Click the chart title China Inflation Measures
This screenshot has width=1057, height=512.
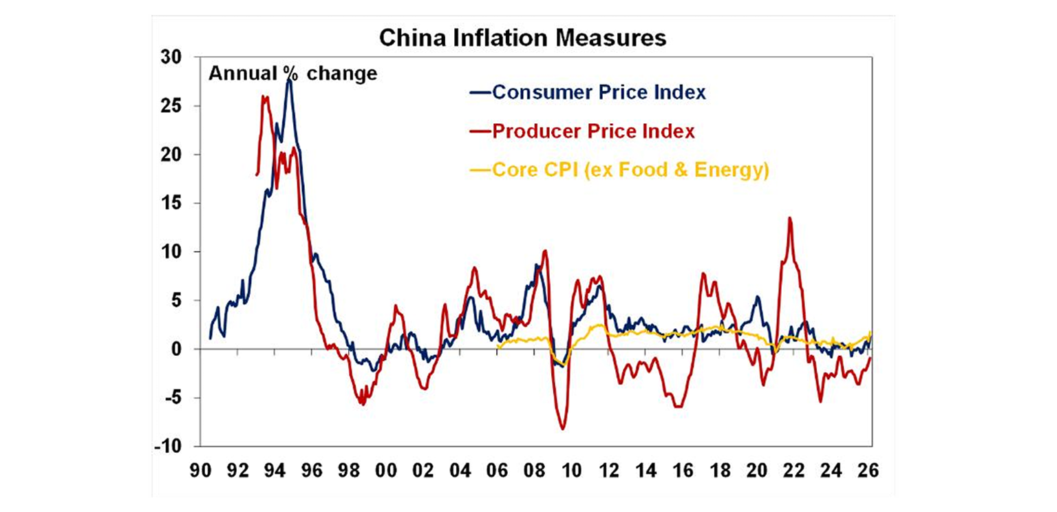pos(523,39)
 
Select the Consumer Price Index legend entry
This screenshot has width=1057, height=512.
pos(598,92)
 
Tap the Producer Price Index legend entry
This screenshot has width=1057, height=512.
pos(592,131)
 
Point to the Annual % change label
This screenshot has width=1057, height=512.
pos(293,74)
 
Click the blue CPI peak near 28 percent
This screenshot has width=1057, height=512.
pos(290,80)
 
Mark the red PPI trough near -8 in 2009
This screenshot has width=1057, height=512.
pos(562,429)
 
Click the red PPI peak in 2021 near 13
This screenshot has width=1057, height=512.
pos(789,218)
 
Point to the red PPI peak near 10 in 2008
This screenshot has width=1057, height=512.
pos(544,250)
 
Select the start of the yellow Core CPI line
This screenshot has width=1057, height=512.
pos(498,347)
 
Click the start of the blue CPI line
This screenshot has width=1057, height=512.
pos(210,338)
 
